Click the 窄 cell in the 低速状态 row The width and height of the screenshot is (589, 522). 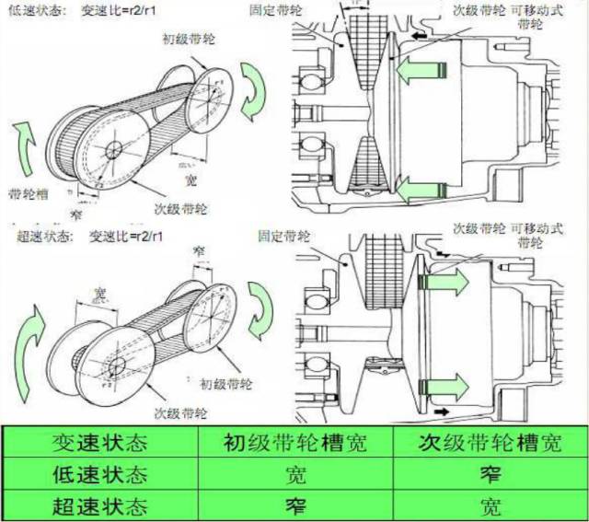tap(487, 475)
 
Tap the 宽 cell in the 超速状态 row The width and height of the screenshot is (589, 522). tap(487, 505)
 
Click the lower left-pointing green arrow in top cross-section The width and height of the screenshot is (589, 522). tap(420, 190)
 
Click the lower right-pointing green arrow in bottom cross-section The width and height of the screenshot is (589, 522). tap(448, 383)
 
